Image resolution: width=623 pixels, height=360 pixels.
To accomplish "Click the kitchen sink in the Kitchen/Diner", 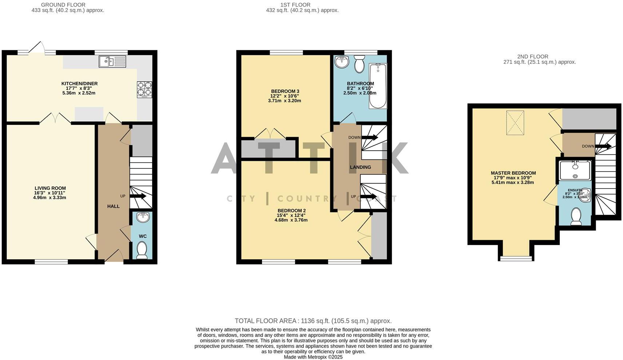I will [112, 62].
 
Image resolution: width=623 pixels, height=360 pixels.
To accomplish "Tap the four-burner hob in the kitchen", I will [144, 89].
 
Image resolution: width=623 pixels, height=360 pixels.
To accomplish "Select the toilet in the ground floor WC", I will [142, 250].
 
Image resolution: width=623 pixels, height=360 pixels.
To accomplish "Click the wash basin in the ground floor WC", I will [143, 217].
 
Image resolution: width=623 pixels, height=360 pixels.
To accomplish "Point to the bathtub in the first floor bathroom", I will [378, 86].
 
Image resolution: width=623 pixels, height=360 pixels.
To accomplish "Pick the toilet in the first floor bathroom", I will [360, 64].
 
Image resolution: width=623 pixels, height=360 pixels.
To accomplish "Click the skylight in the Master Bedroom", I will [515, 123].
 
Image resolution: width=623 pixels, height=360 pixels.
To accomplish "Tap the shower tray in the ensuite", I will [575, 171].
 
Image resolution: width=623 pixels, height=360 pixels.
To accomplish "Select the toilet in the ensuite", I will [576, 216].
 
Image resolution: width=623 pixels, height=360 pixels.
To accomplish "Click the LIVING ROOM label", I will [50, 188].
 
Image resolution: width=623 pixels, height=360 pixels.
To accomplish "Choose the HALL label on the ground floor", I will [113, 206].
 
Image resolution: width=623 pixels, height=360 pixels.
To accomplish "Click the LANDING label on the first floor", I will [360, 167].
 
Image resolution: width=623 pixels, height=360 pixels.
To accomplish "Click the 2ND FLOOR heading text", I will [532, 56].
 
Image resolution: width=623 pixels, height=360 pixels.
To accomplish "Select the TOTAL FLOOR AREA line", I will [313, 321].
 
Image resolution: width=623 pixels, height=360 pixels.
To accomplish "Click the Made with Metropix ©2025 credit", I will [313, 357].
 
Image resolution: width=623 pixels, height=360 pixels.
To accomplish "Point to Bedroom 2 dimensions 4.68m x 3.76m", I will [291, 220].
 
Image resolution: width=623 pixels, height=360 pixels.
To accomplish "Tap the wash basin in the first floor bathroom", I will [342, 62].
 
